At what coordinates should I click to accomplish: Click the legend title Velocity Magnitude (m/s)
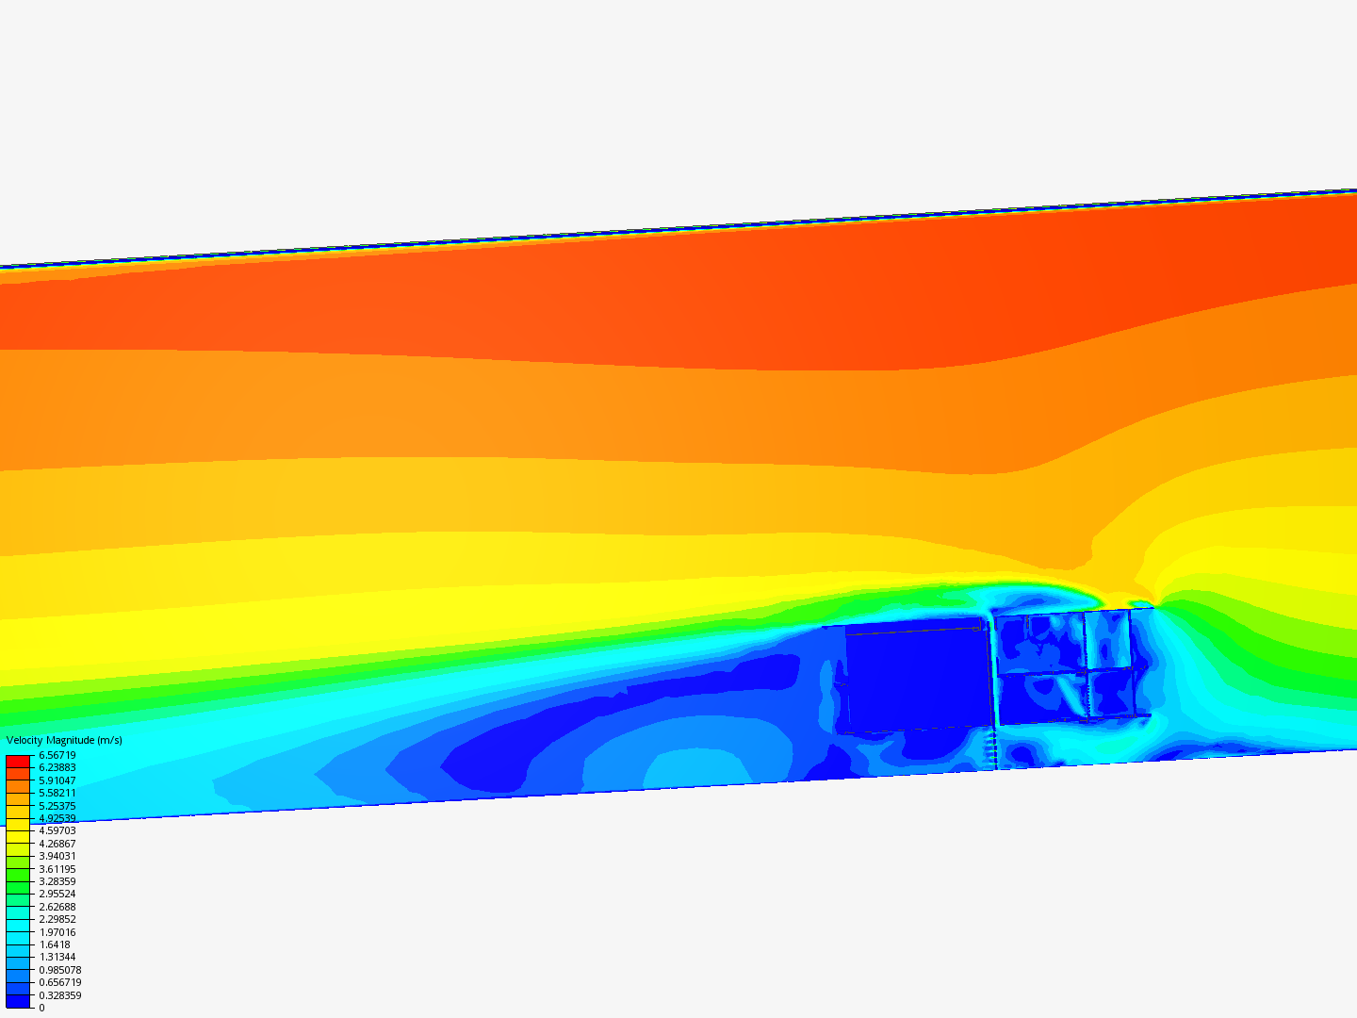coord(64,740)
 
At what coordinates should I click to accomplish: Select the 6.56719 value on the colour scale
coord(57,755)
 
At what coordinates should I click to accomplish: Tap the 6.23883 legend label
coord(57,767)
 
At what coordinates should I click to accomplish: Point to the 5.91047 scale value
coord(57,780)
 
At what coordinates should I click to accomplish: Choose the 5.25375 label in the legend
coord(57,805)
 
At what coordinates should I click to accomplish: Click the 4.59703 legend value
coord(57,830)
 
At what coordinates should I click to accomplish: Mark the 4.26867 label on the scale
coord(57,844)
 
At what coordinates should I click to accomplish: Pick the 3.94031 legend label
coord(57,856)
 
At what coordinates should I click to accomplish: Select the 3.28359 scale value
coord(57,881)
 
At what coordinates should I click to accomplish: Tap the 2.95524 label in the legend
coord(57,894)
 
